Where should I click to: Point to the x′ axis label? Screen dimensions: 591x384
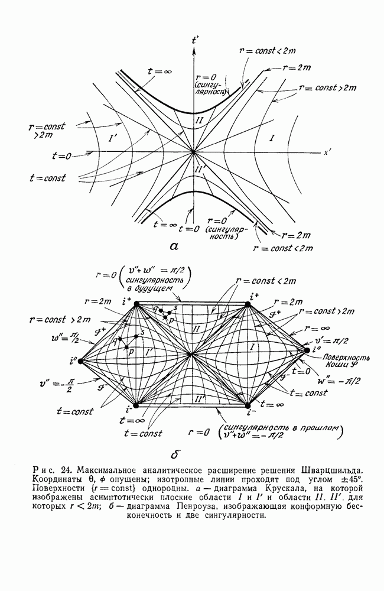tap(326, 153)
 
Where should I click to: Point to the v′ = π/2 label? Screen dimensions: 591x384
tap(336, 342)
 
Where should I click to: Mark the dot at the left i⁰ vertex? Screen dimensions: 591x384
tap(81, 360)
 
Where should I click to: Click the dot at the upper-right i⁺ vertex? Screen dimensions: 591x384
tap(248, 304)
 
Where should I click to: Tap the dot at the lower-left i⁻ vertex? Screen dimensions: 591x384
tap(136, 405)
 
